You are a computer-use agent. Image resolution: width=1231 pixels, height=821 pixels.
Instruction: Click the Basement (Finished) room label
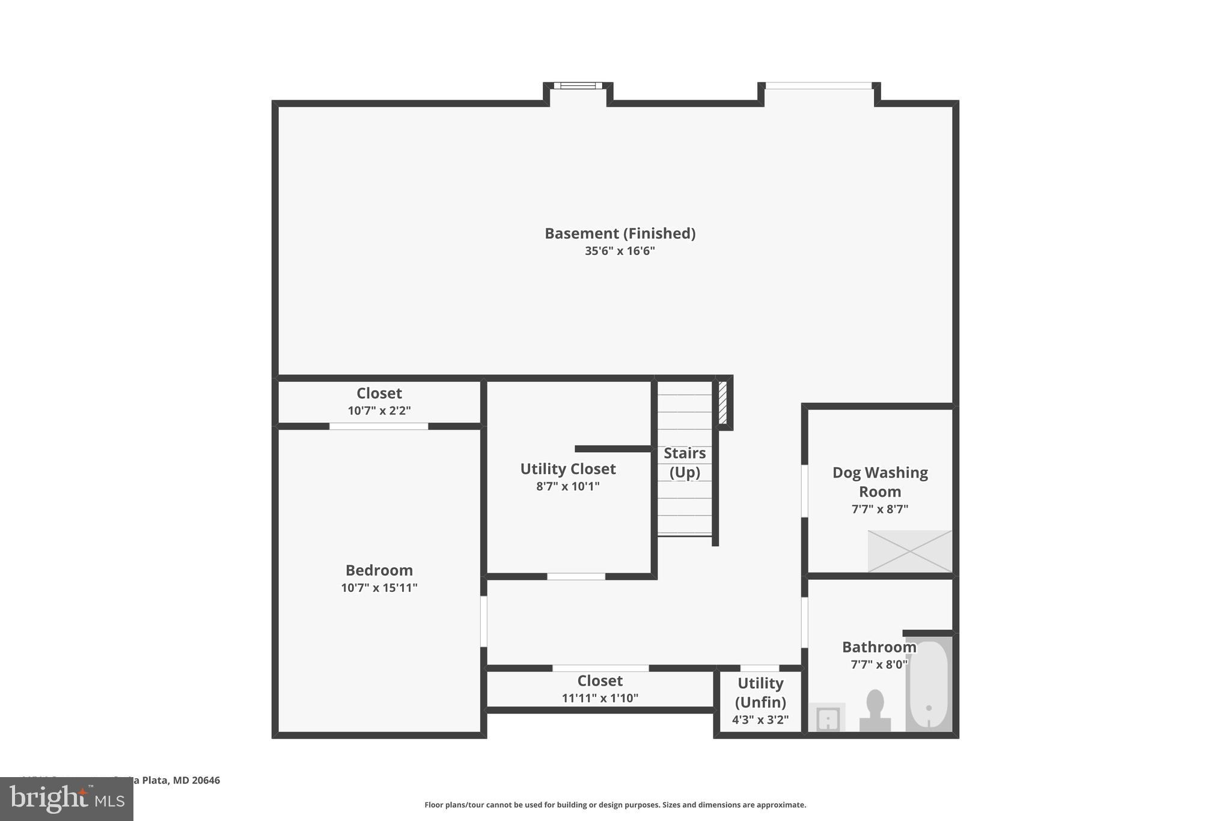pos(620,233)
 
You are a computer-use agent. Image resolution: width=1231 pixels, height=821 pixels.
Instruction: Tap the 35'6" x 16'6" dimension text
pos(620,251)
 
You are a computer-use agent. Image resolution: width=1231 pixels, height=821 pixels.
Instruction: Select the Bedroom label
pos(379,570)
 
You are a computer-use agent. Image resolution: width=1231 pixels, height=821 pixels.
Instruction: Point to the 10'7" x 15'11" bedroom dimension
pos(379,588)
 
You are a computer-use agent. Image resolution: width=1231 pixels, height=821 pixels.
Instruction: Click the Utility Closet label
pos(568,469)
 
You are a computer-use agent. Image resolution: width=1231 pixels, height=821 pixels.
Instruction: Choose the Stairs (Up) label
pos(685,463)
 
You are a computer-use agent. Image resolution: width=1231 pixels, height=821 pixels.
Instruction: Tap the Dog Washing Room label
pos(880,482)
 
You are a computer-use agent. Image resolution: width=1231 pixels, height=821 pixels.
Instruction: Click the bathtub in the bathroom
pos(929,686)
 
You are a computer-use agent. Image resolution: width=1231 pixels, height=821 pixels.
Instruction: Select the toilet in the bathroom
pos(875,710)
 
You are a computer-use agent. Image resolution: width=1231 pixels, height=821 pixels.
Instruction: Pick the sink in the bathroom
pos(828,718)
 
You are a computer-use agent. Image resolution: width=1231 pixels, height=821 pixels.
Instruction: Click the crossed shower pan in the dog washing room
pos(909,551)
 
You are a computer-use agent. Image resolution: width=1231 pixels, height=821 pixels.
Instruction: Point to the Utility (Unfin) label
pos(760,692)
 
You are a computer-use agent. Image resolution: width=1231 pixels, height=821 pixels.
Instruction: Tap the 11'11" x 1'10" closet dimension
pos(600,698)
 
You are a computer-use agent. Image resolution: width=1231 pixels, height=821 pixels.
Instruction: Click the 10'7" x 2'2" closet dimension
pos(379,411)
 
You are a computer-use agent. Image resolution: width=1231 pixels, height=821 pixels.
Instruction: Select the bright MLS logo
pos(67,799)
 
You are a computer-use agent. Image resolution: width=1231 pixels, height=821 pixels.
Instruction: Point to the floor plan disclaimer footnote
pos(615,805)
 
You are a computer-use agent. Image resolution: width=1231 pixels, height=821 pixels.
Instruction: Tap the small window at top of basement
pos(578,86)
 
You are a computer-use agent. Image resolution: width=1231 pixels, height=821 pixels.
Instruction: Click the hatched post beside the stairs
pos(722,402)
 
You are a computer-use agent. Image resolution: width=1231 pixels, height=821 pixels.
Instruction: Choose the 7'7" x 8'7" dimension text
pos(880,509)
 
